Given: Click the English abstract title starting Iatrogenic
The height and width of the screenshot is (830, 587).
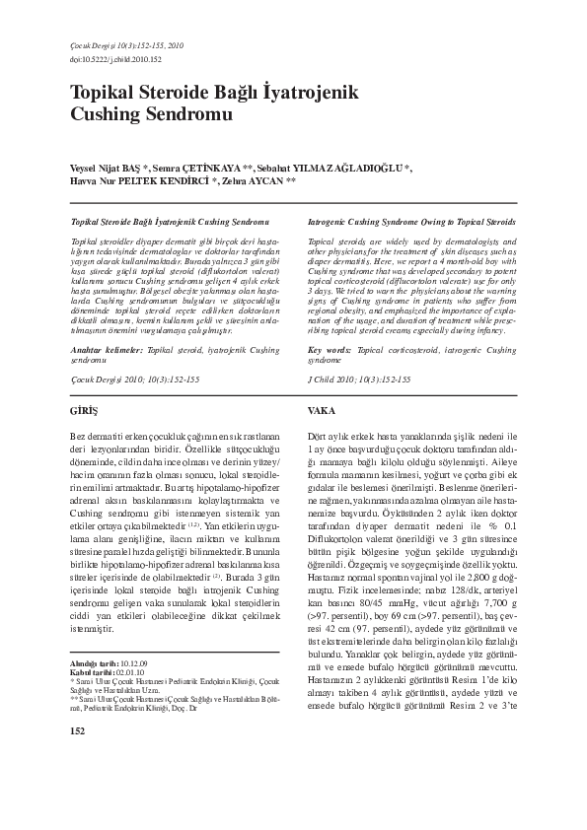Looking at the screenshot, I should (x=410, y=224).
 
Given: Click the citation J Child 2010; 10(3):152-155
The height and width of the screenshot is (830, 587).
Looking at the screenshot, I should (x=358, y=379).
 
